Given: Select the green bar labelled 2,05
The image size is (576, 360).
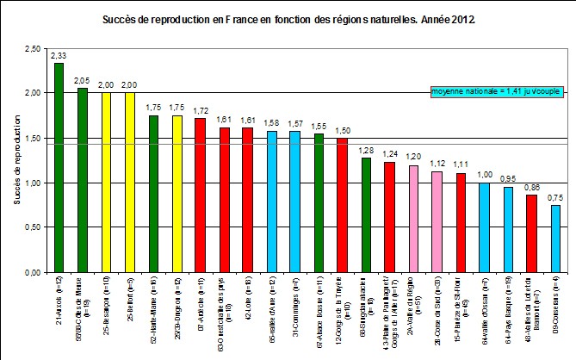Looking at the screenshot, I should pos(83,180).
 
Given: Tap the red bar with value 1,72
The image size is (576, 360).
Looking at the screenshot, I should pos(200,195).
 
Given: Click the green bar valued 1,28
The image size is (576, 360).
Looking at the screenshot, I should pos(366,214).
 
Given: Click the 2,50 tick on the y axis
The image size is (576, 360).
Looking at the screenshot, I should pos(30,49).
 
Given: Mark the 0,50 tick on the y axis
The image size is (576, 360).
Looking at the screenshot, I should pos(30,227).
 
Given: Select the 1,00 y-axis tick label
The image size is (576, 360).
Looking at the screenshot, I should pos(30,183).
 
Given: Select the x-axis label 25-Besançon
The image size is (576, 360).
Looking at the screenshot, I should pos(107,306).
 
